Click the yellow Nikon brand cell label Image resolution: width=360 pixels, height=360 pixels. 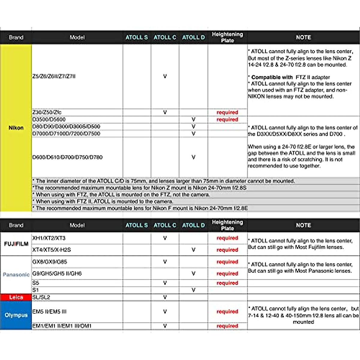click(16, 128)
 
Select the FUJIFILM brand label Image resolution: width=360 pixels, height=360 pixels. click(16, 244)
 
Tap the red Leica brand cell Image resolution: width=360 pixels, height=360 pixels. click(16, 297)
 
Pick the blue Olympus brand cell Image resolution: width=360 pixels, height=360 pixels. click(16, 315)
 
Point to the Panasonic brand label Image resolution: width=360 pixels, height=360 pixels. click(16, 274)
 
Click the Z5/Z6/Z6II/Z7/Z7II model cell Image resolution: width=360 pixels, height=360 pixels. click(54, 76)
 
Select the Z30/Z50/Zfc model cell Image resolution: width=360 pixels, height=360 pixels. click(47, 112)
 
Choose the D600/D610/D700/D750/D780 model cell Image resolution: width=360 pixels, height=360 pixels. click(67, 157)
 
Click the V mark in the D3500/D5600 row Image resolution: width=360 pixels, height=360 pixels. click(193, 119)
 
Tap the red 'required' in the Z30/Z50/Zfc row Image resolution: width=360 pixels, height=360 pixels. click(227, 112)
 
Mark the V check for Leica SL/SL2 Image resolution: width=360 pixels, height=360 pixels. click(165, 297)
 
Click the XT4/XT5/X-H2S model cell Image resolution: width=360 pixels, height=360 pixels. click(52, 250)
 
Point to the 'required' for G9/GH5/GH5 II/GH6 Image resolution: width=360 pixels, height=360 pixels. click(227, 274)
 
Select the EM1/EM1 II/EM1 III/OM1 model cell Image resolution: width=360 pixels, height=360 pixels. click(62, 326)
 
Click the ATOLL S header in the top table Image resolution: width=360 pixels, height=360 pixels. click(136, 37)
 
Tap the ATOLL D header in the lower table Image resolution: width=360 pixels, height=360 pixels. click(193, 225)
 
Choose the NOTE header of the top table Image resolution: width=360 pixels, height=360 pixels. click(303, 37)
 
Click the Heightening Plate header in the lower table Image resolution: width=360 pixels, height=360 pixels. click(227, 225)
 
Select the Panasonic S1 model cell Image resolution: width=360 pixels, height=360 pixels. click(36, 290)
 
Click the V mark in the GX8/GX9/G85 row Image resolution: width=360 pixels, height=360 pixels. click(165, 262)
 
